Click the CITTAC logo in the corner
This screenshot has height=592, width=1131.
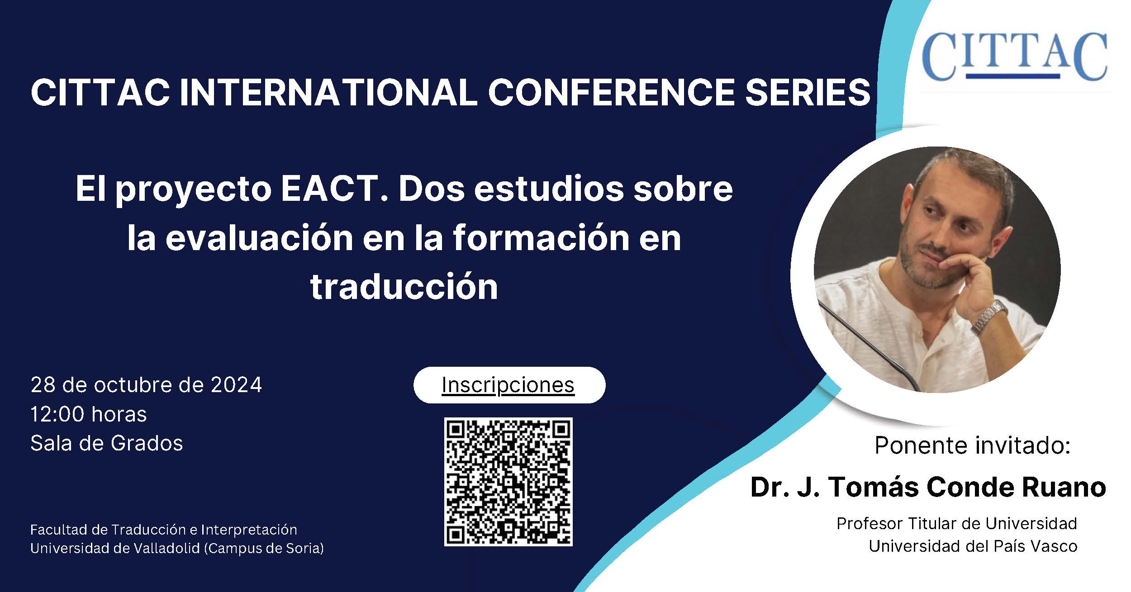point(1014,56)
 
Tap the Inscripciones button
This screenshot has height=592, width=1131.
point(509,385)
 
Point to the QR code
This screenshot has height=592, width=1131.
point(508,482)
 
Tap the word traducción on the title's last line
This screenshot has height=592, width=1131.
point(404,287)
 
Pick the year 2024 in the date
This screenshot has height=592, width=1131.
point(236,385)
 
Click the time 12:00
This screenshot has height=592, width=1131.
point(57,414)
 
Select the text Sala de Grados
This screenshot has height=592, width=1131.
point(107,443)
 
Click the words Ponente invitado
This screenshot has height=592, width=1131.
point(973,445)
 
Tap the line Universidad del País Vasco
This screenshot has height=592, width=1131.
point(973,546)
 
